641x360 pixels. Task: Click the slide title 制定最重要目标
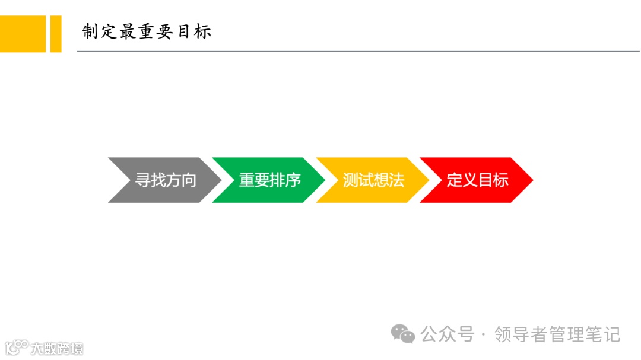(147, 31)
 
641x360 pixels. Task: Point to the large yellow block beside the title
(23, 34)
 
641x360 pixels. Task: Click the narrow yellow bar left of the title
(55, 34)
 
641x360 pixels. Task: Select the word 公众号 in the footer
(448, 334)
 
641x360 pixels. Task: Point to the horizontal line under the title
(356, 52)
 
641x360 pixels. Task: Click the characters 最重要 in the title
(146, 31)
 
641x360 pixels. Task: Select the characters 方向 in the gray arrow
(180, 180)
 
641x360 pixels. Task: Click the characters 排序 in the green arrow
(285, 180)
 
